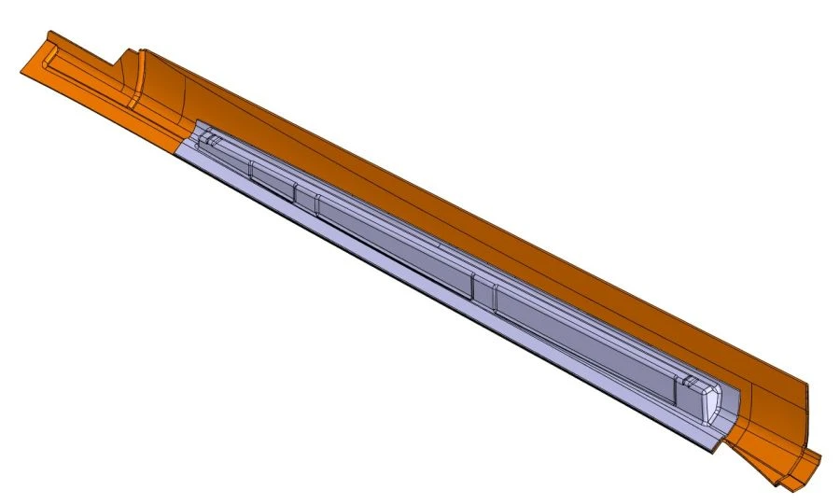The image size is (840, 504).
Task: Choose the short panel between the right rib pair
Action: click(483, 290)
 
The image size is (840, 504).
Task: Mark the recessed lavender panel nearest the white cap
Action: click(588, 345)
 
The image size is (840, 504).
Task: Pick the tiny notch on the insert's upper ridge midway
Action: click(439, 245)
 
